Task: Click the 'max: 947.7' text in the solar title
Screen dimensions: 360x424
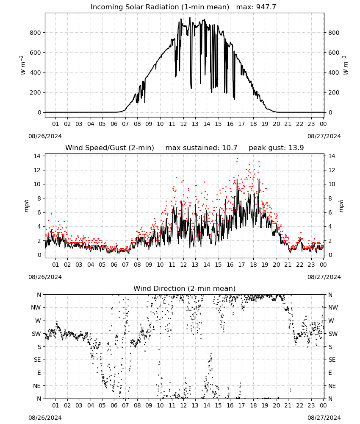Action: click(x=256, y=7)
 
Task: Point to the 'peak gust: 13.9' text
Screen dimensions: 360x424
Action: click(x=276, y=148)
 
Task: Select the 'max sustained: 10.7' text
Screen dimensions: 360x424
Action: click(x=201, y=148)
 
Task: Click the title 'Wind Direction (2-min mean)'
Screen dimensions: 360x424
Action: click(x=185, y=288)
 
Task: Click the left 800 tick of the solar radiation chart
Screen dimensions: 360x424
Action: click(x=35, y=33)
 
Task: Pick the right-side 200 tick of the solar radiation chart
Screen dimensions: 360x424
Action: click(x=334, y=92)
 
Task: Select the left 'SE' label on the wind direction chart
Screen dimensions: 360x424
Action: click(x=37, y=360)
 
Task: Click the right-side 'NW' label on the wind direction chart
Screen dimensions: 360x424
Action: click(x=333, y=307)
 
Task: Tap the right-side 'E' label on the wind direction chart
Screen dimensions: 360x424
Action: click(x=330, y=373)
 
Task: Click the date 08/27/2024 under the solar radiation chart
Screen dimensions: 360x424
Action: click(x=324, y=136)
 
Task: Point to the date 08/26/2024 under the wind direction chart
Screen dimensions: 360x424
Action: click(x=45, y=418)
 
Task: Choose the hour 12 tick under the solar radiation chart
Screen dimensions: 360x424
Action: click(x=183, y=124)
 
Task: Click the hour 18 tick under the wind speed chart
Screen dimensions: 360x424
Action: click(x=253, y=265)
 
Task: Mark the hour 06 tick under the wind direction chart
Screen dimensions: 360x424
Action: click(x=114, y=405)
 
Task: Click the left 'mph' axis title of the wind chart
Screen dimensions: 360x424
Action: click(x=26, y=206)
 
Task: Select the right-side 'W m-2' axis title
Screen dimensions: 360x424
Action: click(x=346, y=65)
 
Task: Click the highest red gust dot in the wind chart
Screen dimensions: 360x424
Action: click(x=238, y=159)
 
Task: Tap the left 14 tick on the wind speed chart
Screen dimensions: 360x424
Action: click(x=37, y=156)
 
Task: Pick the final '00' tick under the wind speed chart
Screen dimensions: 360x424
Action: click(x=323, y=265)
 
